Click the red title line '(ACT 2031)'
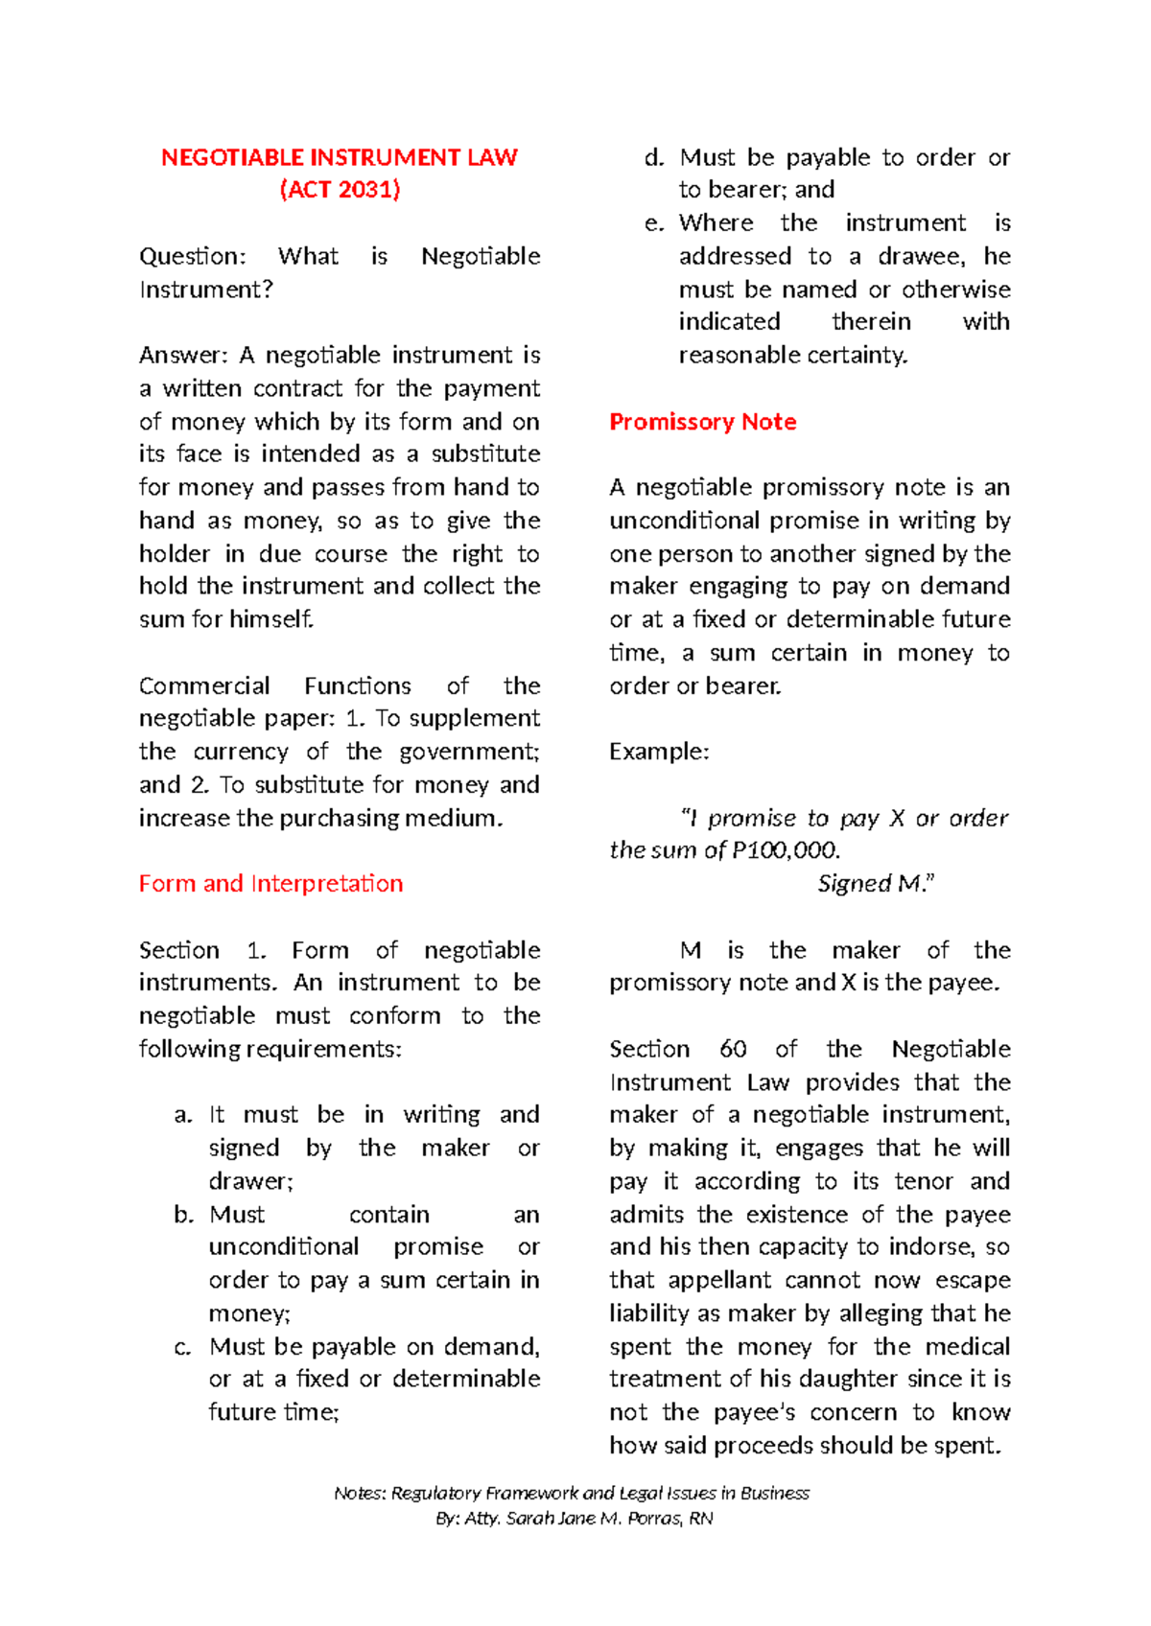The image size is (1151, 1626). pos(340,189)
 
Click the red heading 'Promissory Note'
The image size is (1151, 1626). pos(702,422)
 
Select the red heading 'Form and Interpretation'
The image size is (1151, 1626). pos(270,883)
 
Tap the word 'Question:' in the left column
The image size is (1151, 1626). pos(192,256)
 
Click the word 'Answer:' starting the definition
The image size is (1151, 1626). pos(183,356)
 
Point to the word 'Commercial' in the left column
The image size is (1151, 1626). pos(204,685)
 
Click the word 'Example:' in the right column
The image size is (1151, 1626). pos(659,752)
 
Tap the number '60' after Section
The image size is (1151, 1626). pos(733,1049)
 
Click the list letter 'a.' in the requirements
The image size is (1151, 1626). pos(183,1115)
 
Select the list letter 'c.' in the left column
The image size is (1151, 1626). pos(182,1347)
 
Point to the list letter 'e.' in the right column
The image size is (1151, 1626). pos(654,223)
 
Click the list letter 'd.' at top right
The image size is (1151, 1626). pos(654,157)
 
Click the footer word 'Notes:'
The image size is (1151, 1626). pos(360,1493)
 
